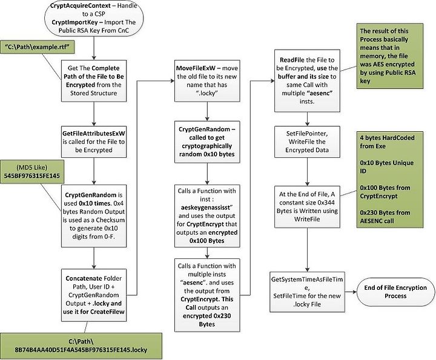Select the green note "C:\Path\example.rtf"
tap(38, 47)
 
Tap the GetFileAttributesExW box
tap(94, 142)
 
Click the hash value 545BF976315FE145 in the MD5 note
tap(31, 175)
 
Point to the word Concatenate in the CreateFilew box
tap(81, 278)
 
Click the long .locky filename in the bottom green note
tap(81, 350)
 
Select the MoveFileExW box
tap(207, 81)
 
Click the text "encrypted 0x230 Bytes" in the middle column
tap(207, 320)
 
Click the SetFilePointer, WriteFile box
tap(307, 142)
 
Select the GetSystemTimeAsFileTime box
tap(307, 292)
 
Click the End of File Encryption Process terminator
tap(395, 292)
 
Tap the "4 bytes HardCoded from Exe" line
tap(387, 142)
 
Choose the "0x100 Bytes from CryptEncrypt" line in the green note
tap(385, 192)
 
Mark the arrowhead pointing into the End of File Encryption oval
tap(354, 292)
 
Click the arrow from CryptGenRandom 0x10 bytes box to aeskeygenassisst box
tap(207, 174)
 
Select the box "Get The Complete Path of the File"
tap(94, 81)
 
